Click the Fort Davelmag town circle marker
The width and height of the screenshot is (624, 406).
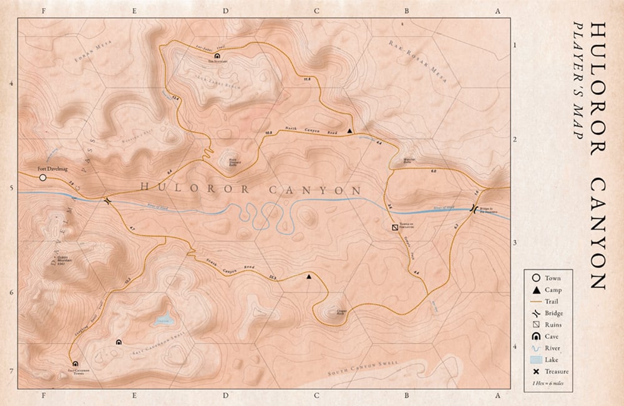[x=42, y=178]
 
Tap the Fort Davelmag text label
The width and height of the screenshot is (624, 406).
[x=50, y=169]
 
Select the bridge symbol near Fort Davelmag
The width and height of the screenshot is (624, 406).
[x=107, y=201]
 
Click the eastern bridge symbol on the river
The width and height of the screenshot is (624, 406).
[x=474, y=209]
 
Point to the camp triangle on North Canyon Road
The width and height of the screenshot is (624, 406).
[x=349, y=131]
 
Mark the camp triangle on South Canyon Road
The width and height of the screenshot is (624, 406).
[x=310, y=275]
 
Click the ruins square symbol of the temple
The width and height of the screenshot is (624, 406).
[x=394, y=229]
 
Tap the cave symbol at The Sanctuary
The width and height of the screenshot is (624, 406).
[x=216, y=56]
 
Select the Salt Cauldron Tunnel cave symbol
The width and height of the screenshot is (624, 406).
[x=76, y=364]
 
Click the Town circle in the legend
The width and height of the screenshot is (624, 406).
[x=535, y=278]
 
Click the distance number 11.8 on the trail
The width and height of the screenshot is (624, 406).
[x=306, y=79]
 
